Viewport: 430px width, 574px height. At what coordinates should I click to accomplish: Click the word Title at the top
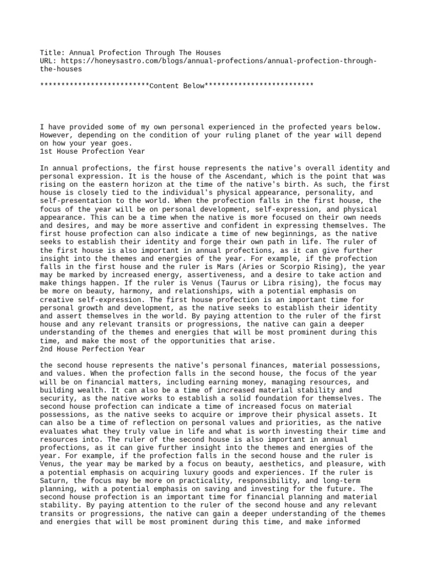[x=50, y=53]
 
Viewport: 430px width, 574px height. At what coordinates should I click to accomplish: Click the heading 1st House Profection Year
[x=92, y=151]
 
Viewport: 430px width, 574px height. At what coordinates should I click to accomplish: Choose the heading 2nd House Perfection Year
[x=92, y=349]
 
